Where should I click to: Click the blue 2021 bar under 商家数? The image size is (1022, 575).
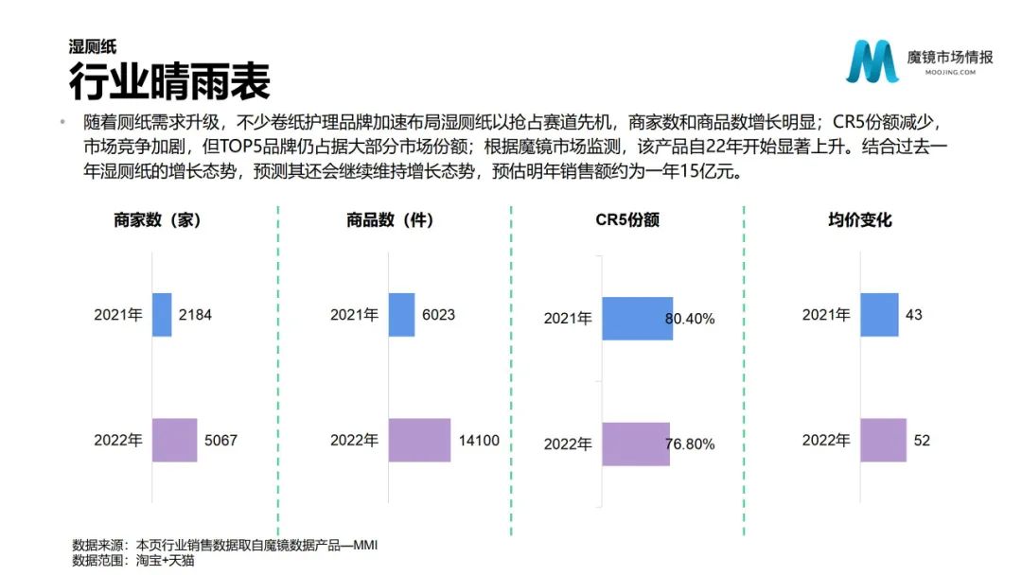tap(162, 315)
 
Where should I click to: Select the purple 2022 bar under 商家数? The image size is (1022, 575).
tap(175, 440)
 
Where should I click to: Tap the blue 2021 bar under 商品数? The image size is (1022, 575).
tap(401, 315)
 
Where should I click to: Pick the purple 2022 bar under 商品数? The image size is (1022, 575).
tap(420, 440)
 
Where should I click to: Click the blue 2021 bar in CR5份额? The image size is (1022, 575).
tap(638, 319)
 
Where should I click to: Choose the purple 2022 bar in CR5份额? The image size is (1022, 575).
tap(636, 444)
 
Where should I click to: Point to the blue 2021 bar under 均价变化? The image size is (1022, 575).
tap(879, 315)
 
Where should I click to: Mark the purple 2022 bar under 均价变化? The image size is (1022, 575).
tap(883, 440)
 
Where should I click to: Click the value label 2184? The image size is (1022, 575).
tap(195, 315)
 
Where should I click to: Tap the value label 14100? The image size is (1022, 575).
tap(479, 441)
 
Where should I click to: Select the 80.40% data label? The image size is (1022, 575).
tap(690, 319)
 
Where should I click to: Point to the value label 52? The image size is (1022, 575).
tap(922, 441)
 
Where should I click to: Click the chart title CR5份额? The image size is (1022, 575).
tap(627, 220)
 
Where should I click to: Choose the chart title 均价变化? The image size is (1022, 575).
tap(859, 220)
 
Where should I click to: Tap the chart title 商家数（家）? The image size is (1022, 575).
tap(157, 220)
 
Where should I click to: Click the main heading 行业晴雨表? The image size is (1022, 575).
tap(169, 81)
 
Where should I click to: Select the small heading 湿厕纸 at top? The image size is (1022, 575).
tap(93, 46)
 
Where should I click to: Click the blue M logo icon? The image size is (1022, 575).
tap(872, 61)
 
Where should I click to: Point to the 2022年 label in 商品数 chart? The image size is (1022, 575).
tap(355, 441)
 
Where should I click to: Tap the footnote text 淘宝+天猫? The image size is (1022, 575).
tap(165, 561)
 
